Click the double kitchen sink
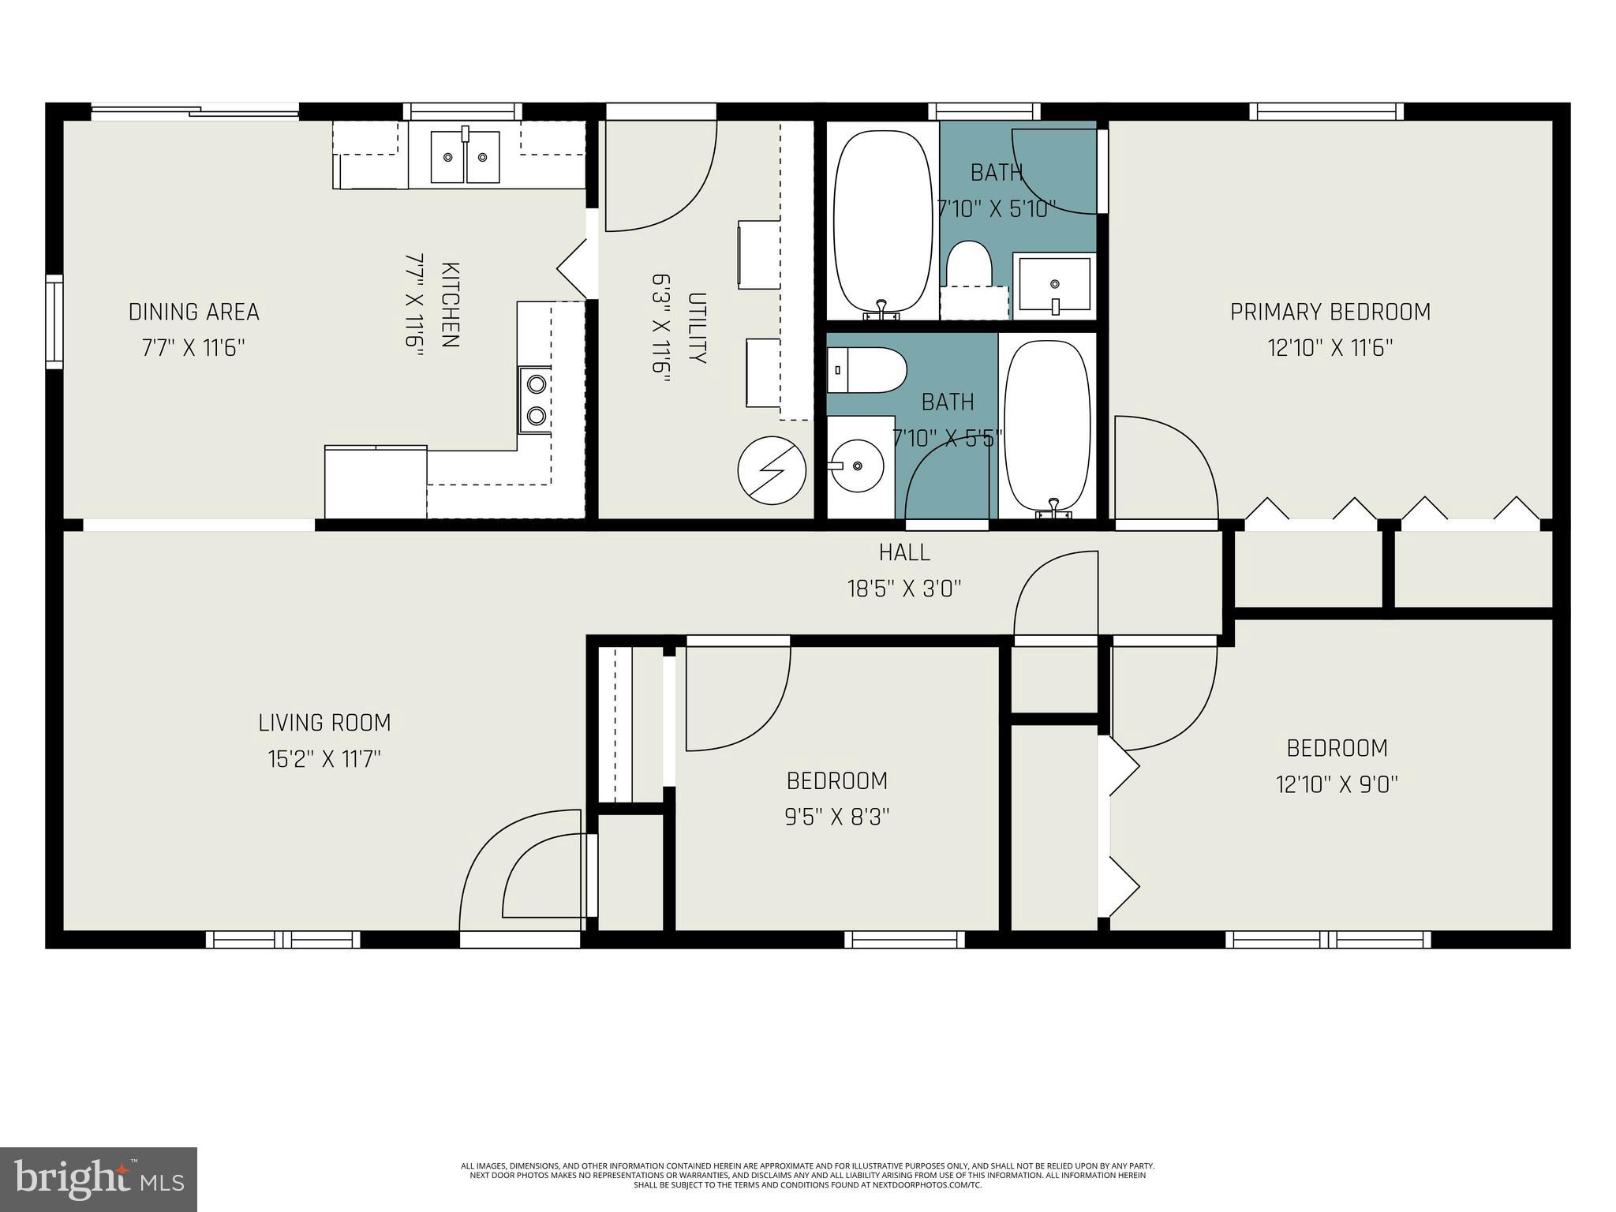click(465, 156)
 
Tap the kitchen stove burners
click(536, 399)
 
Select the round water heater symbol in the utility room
click(772, 471)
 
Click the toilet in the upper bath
click(969, 275)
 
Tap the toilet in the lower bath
click(866, 370)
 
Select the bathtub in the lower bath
click(1048, 428)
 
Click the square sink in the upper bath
click(1054, 285)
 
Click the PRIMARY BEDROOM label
click(1330, 312)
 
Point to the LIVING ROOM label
click(324, 723)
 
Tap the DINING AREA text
click(194, 312)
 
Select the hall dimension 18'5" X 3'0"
click(905, 589)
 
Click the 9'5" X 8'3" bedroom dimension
click(837, 817)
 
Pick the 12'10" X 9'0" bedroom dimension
click(1337, 784)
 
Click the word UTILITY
click(697, 328)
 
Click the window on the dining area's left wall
click(54, 321)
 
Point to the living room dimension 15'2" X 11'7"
click(324, 760)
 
